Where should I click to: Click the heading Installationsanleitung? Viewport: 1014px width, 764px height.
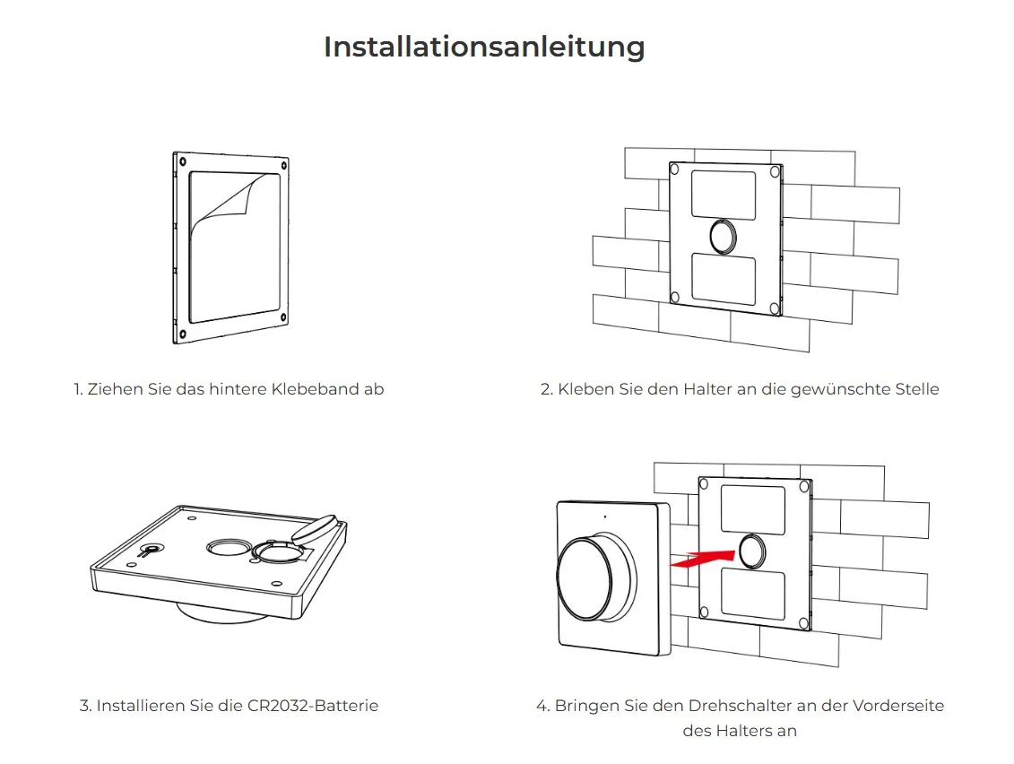tap(484, 47)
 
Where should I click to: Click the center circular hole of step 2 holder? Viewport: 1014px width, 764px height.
tap(724, 236)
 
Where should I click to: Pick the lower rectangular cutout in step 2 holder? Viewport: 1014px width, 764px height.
tap(724, 278)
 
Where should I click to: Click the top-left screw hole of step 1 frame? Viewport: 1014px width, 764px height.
tap(183, 162)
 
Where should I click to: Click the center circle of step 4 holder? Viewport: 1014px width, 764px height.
tap(752, 551)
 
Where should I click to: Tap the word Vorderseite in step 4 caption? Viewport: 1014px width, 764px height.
tap(897, 706)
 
